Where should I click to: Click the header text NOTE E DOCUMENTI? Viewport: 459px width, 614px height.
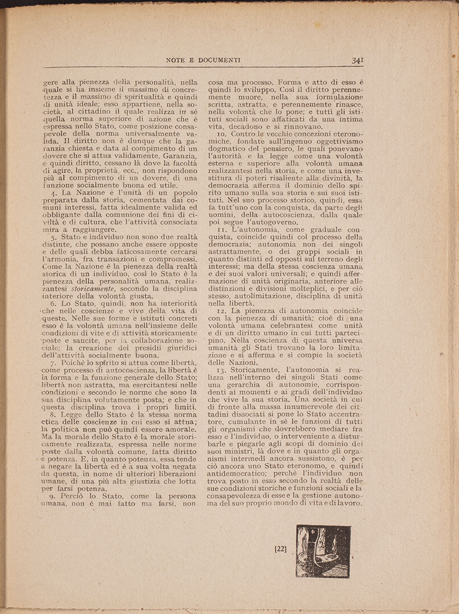coord(203,60)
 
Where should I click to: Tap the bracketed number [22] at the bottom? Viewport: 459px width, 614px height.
coord(281,549)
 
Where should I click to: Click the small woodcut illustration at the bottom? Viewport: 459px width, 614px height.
coord(323,551)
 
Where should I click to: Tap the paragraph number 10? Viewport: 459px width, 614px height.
coord(221,134)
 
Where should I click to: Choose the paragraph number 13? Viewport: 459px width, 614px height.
coord(221,371)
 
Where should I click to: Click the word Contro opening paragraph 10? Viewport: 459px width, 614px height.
coord(244,134)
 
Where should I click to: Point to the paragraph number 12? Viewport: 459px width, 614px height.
coord(221,310)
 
